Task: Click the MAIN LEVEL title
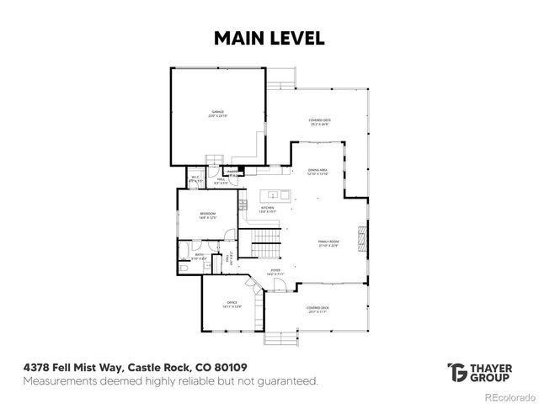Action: point(269,38)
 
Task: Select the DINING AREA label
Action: point(318,172)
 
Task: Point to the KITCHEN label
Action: point(268,209)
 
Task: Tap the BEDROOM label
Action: point(208,215)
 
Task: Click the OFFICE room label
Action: point(232,304)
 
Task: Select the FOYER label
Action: point(275,271)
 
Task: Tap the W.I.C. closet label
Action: point(195,178)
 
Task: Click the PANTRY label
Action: point(232,172)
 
